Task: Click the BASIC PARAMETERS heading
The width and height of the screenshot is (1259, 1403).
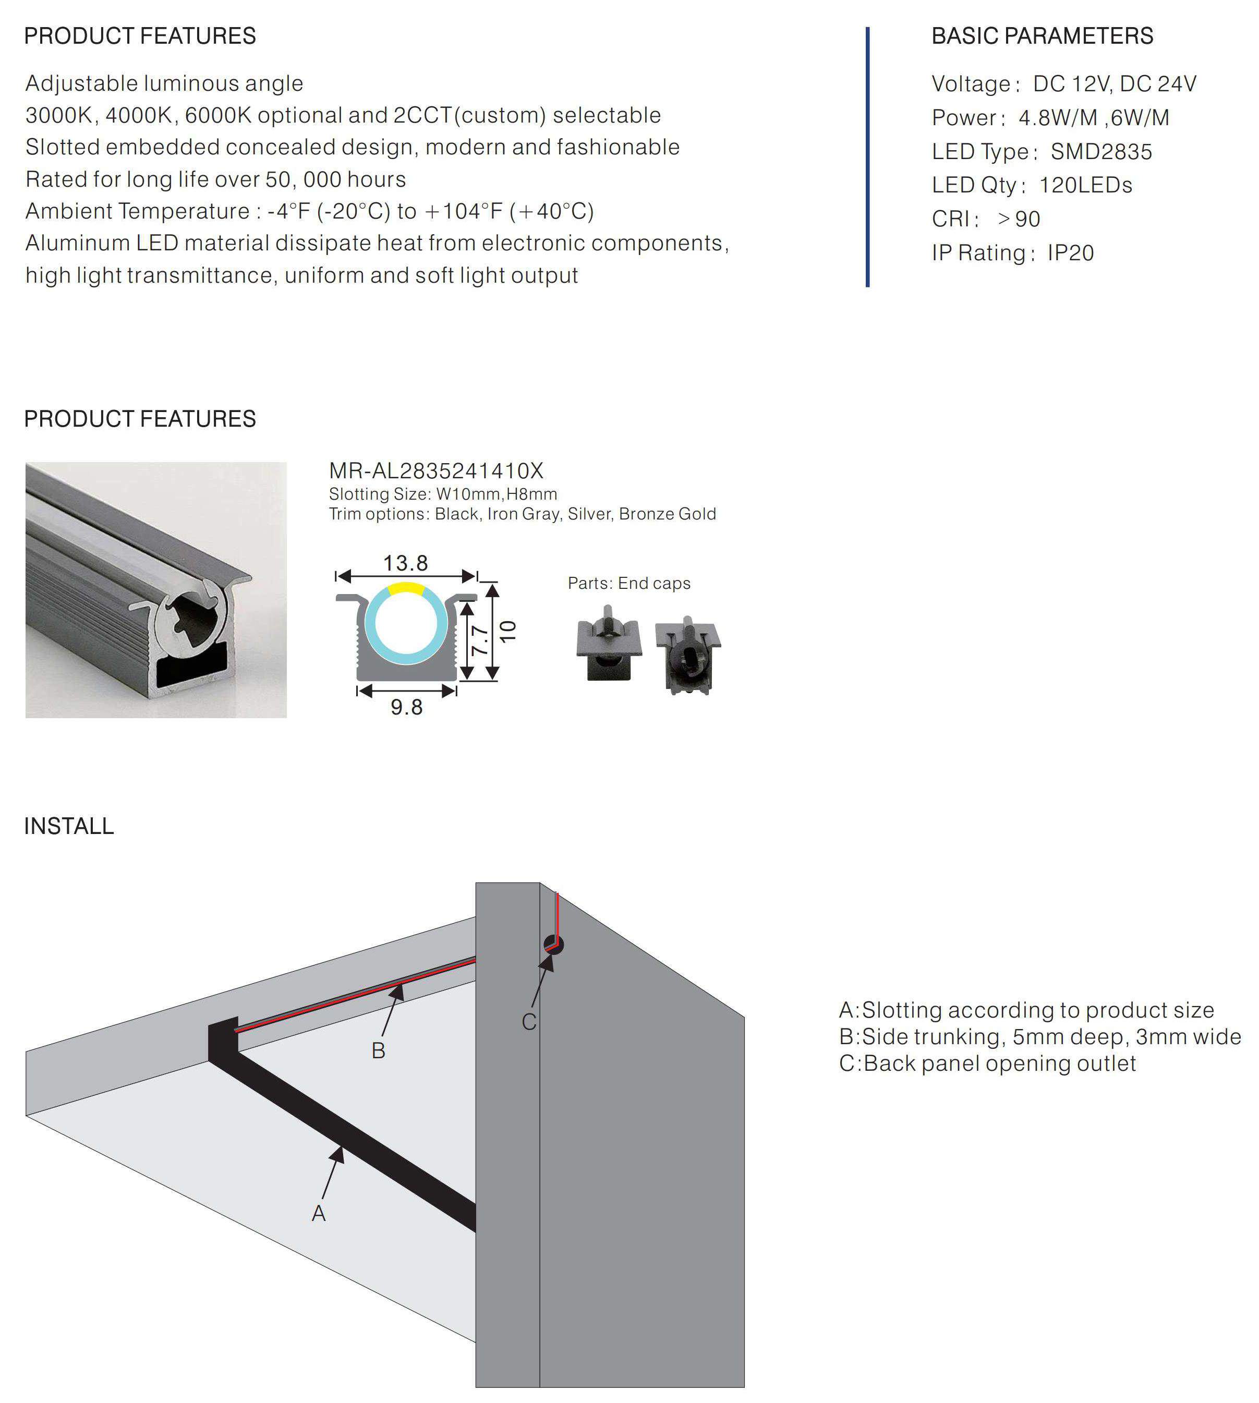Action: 1042,36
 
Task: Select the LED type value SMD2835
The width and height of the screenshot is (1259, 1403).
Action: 1101,151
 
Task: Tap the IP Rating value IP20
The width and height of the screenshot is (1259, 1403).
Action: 1070,252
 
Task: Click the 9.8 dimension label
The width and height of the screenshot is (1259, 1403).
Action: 406,707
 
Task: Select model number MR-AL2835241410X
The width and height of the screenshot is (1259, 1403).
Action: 436,471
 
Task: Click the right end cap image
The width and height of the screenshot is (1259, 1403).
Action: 687,655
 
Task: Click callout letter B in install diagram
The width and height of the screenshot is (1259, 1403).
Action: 378,1050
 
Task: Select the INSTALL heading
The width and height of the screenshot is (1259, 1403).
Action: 69,826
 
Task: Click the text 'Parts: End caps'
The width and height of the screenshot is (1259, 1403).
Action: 629,583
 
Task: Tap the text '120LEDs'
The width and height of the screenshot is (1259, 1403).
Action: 1085,185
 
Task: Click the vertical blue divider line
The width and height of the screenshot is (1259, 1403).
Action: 867,156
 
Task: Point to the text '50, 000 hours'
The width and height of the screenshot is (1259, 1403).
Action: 335,179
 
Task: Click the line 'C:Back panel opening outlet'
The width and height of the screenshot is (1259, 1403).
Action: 987,1063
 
